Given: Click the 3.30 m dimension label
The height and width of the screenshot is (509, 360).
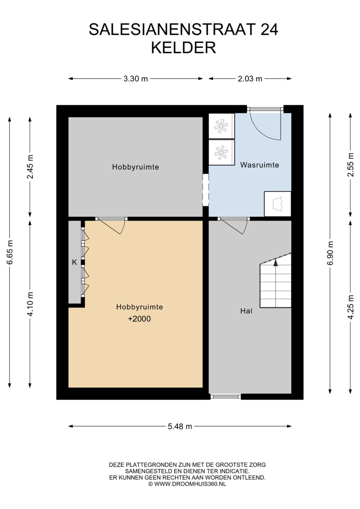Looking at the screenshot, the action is coord(136,79).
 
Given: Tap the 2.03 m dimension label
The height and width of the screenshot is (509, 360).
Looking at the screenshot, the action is coord(250,79).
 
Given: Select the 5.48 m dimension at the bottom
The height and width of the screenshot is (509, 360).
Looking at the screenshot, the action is coord(180,426).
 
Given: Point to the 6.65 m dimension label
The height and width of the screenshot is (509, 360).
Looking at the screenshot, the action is coord(10,252).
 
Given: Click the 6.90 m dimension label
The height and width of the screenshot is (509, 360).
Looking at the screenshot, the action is coord(330,253).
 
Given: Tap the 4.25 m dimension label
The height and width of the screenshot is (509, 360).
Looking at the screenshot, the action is coord(351,307).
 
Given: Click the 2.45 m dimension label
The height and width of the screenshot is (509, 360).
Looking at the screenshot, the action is coord(30,166).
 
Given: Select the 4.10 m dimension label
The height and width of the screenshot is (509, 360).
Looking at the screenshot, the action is coord(30,304).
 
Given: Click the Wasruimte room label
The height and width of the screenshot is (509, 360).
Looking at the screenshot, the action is coord(260,165).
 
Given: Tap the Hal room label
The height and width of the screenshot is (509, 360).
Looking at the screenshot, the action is coord(246,311).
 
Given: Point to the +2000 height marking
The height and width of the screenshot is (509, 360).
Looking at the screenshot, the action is coord(139,319).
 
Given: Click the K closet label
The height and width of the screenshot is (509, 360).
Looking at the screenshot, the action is coord(75,262).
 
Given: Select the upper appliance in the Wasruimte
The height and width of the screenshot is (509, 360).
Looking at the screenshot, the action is coord(222,126).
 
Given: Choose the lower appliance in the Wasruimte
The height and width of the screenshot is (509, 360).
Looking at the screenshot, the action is coord(222,153).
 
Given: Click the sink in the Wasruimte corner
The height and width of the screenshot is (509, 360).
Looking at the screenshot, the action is coord(278,204).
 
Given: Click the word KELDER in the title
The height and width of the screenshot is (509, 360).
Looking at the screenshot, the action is coord(184,48).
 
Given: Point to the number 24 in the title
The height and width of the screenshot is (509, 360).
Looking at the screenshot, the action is coord(269,29).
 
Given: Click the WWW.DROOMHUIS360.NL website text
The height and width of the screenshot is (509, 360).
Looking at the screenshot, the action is coord(190,484).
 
